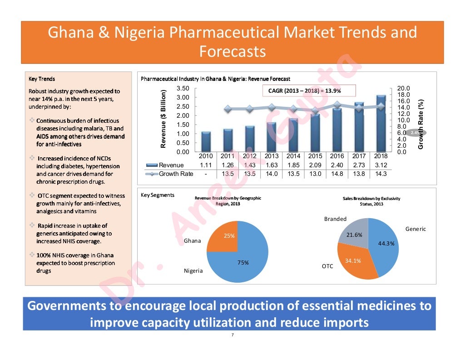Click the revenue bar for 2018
pos(381,123)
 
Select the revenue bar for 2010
pos(206,141)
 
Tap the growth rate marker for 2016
pos(337,105)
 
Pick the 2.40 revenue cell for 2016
pos(337,165)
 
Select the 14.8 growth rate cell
pos(337,174)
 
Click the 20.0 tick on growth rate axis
pos(403,88)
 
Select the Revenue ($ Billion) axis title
pos(163,119)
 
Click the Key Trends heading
pos(42,79)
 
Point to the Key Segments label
pos(158,195)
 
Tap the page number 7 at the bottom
pos(232,335)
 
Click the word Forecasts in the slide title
pos(232,51)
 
